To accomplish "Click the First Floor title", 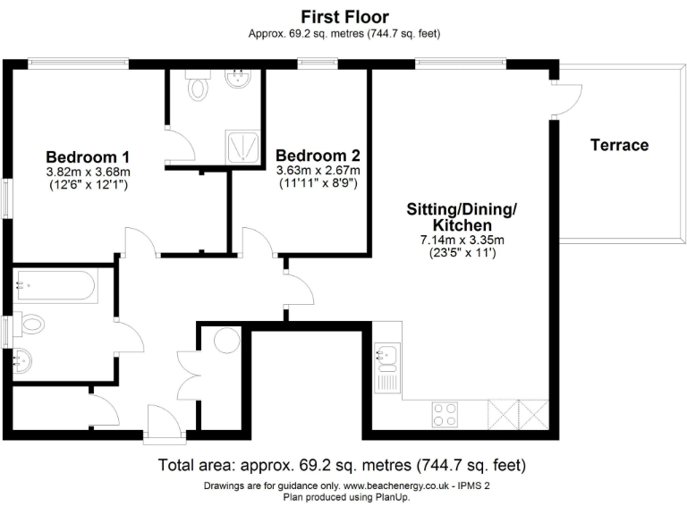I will [x=344, y=16].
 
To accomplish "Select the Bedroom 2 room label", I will [x=318, y=154].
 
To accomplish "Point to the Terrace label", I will [x=619, y=145].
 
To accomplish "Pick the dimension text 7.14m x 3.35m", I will [x=462, y=239].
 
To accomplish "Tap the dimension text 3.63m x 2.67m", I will [x=318, y=170].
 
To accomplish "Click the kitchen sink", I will [x=387, y=358].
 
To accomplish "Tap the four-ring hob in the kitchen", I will [x=445, y=413].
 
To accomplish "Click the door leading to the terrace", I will [x=562, y=98].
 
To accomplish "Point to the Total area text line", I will [x=343, y=466].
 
